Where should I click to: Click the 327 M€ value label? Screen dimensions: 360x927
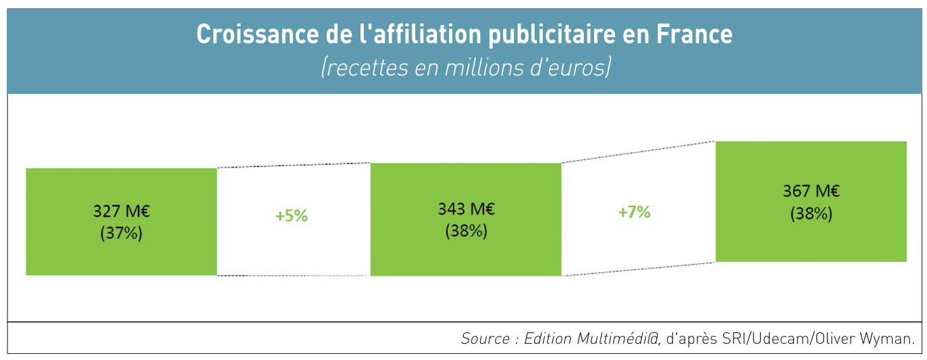(122, 211)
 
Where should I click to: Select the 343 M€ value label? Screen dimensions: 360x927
(466, 209)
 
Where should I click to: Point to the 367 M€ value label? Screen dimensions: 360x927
(811, 191)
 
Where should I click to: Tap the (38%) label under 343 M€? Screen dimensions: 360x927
(466, 231)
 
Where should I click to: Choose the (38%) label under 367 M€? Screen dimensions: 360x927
(811, 213)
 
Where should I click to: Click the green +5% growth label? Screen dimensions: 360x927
(292, 216)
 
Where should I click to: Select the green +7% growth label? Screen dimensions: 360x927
(634, 212)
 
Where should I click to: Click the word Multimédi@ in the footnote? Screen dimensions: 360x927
(614, 338)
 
